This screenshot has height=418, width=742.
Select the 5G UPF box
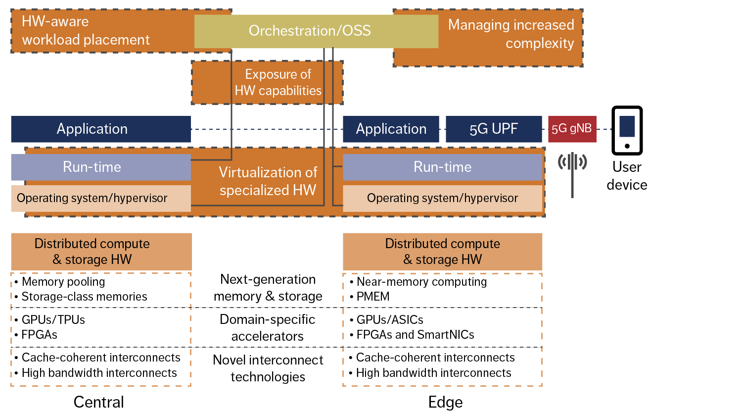pos(493,129)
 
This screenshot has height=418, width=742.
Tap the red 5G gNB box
pos(572,129)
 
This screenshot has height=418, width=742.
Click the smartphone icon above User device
pos(627,130)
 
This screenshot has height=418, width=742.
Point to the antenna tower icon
pos(572,171)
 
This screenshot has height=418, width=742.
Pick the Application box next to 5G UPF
pos(391,129)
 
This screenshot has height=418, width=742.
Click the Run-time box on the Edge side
pos(442,167)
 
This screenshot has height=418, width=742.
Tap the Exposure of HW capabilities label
pos(278,83)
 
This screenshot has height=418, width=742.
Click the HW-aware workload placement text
pos(86,31)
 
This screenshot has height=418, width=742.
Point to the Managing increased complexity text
pos(511,34)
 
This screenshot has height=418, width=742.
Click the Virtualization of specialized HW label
pos(268,181)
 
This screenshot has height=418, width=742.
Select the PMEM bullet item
pos(372,297)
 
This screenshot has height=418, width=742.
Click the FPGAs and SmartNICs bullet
pos(415,335)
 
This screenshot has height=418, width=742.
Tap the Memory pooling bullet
pos(63,282)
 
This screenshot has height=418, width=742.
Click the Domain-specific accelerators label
pos(268,328)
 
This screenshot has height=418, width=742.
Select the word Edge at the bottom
pos(445,402)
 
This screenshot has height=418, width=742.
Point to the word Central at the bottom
pos(98,402)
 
